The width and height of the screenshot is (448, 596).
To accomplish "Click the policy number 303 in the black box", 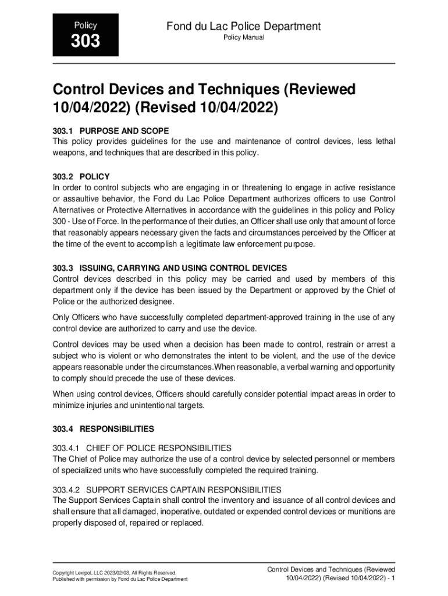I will pyautogui.click(x=86, y=41).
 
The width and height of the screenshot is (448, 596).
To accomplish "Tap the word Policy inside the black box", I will pyautogui.click(x=86, y=26).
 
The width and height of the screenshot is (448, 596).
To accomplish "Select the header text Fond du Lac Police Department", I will pyautogui.click(x=243, y=26).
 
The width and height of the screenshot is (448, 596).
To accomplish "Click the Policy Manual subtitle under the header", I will pyautogui.click(x=244, y=38).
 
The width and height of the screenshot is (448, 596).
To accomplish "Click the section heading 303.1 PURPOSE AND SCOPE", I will pyautogui.click(x=111, y=131).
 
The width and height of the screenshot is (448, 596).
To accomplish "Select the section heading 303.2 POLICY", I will pyautogui.click(x=81, y=176).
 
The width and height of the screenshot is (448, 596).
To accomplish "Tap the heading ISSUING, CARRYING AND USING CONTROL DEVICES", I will pyautogui.click(x=183, y=268).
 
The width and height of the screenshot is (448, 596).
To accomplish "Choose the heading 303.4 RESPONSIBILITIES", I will pyautogui.click(x=103, y=429).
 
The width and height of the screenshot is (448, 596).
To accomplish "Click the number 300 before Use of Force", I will pyautogui.click(x=60, y=222).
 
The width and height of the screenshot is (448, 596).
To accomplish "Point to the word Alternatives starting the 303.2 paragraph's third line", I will pyautogui.click(x=74, y=211).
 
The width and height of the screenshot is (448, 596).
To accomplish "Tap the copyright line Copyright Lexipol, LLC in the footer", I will pyautogui.click(x=114, y=573).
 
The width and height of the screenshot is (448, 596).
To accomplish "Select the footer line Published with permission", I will pyautogui.click(x=120, y=580).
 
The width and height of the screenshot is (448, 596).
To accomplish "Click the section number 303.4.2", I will pyautogui.click(x=66, y=490).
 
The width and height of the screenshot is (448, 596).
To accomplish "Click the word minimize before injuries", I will pyautogui.click(x=68, y=405).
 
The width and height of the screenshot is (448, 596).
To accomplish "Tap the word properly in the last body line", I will pyautogui.click(x=67, y=523).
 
